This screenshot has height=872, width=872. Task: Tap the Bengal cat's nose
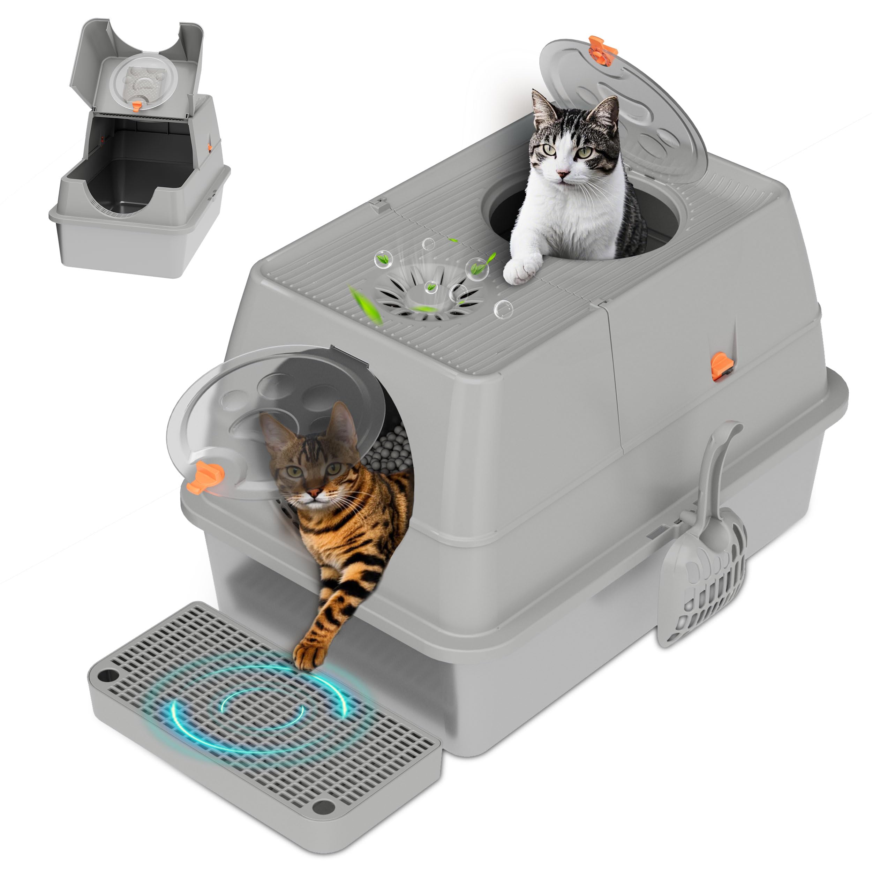[x=315, y=491]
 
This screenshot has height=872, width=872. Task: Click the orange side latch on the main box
[x=721, y=366]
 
